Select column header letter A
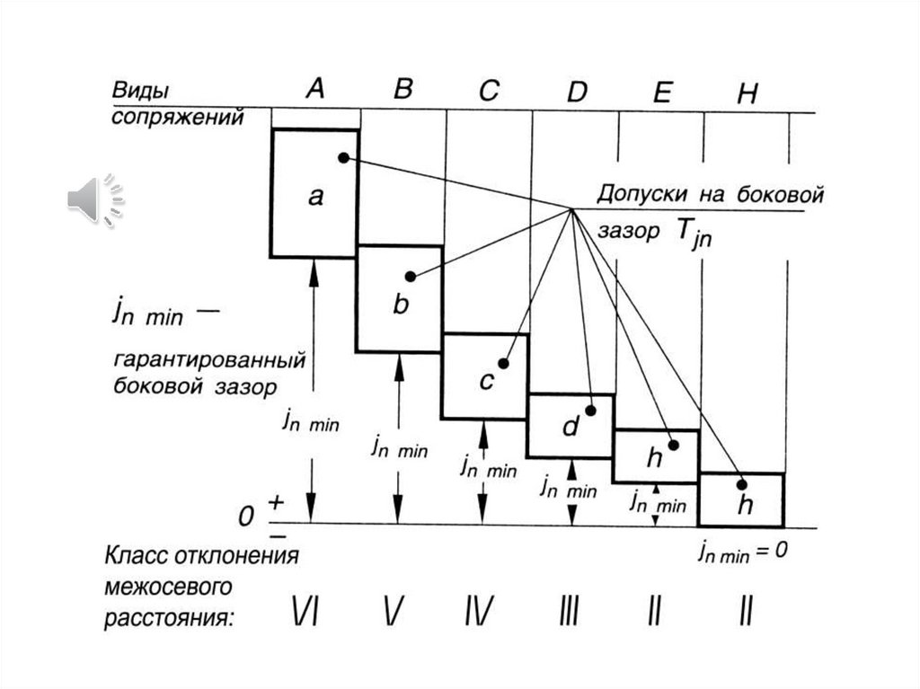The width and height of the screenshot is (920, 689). [314, 88]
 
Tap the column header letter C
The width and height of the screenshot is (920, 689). [488, 91]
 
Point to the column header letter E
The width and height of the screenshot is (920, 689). [661, 93]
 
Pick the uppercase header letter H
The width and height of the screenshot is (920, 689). [746, 95]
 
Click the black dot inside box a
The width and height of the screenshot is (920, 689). [343, 158]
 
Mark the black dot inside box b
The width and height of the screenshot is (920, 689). [410, 277]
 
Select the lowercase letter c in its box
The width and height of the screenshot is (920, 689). [486, 381]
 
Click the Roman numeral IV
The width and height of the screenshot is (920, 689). [478, 612]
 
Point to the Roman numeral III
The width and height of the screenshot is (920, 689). [568, 612]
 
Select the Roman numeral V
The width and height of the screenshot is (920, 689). [393, 612]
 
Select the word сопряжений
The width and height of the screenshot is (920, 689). [177, 117]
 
